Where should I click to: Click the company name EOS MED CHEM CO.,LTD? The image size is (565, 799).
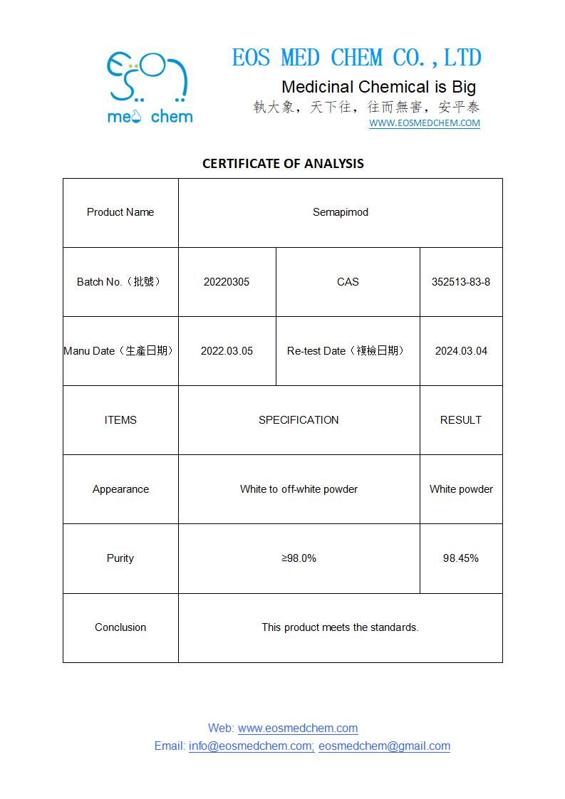(x=356, y=58)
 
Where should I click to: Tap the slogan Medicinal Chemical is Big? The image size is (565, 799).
(x=378, y=87)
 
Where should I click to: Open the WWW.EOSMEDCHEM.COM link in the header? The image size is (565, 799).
(x=424, y=123)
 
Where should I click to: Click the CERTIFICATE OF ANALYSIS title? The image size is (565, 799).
(x=283, y=163)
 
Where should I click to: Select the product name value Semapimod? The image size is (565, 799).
(x=341, y=212)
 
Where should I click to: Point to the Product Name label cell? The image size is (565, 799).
(x=120, y=212)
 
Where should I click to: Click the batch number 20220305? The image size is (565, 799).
(x=227, y=282)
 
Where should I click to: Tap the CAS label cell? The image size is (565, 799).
(x=348, y=282)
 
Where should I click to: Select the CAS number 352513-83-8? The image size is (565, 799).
(x=461, y=282)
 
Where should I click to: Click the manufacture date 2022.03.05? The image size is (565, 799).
(x=227, y=351)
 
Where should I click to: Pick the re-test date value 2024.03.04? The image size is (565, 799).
(x=461, y=351)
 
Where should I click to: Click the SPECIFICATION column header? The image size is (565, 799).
(x=299, y=420)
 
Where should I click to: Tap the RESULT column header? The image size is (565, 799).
(x=461, y=420)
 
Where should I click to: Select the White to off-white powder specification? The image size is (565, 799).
(x=299, y=489)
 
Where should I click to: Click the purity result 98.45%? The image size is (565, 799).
(x=461, y=558)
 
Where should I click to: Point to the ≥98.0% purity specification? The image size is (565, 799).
(x=299, y=558)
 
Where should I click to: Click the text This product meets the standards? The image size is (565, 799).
(x=340, y=627)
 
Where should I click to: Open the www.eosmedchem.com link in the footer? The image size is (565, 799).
(x=298, y=728)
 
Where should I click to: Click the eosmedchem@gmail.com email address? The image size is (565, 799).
(x=384, y=746)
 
